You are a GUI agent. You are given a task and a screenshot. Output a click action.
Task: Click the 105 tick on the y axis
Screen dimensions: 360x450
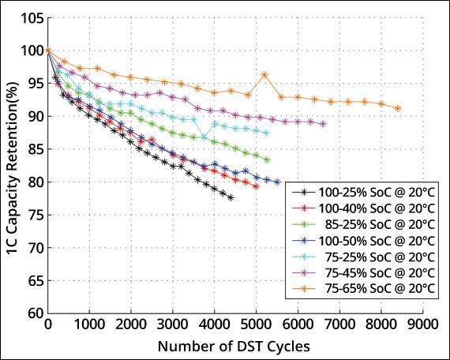[x=32, y=18]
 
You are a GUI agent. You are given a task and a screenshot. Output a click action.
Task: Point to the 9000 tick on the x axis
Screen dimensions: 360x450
[x=422, y=324]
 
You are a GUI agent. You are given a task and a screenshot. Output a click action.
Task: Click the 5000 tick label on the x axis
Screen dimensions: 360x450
[x=256, y=324]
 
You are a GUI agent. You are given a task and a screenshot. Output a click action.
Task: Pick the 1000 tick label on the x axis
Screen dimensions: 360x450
[x=90, y=324]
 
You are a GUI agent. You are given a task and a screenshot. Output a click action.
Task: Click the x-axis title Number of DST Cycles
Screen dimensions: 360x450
[x=234, y=345]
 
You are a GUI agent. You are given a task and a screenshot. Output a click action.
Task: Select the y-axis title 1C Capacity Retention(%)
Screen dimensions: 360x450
[x=13, y=164]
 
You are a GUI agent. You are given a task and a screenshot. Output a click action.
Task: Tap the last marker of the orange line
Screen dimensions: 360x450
[x=398, y=108]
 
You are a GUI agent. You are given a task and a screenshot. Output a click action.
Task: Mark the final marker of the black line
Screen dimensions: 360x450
[x=231, y=197]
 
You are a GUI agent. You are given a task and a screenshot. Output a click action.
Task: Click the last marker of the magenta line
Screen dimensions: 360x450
[x=323, y=124]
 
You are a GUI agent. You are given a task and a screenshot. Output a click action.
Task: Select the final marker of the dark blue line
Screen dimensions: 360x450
[x=277, y=182]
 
